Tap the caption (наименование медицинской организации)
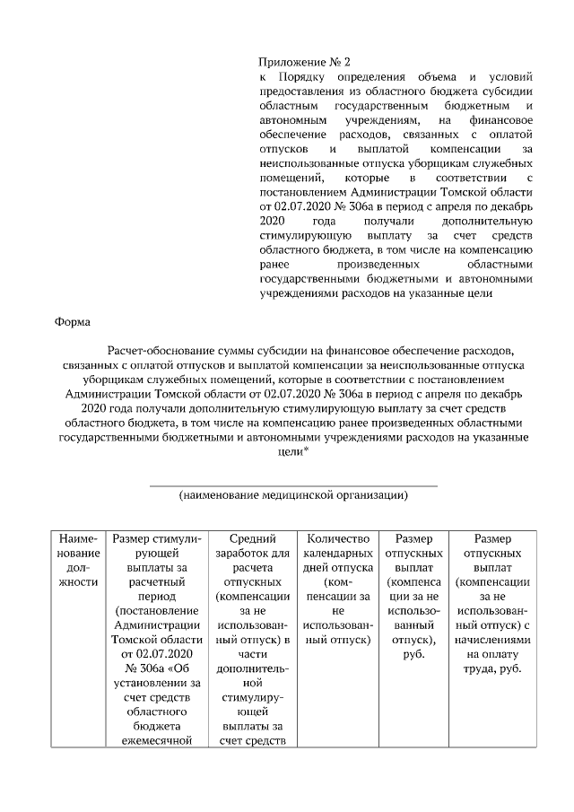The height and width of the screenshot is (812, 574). tap(293, 494)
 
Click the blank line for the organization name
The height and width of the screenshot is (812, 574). tap(293, 484)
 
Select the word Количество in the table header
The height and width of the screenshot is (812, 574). tap(338, 538)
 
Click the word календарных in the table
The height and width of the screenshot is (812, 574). tap(338, 553)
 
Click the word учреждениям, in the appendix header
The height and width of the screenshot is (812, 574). tap(380, 120)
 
